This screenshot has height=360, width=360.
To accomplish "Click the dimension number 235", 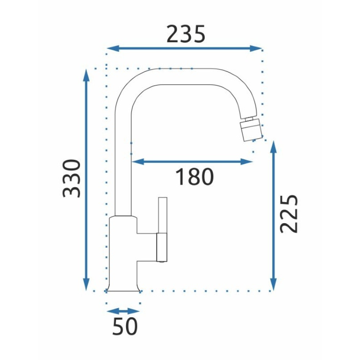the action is click(186, 34).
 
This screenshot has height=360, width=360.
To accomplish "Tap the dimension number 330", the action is click(72, 179).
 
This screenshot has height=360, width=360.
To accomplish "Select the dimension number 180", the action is click(194, 177).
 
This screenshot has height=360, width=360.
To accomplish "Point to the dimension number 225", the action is click(289, 214).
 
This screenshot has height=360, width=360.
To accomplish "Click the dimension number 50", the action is click(125, 326).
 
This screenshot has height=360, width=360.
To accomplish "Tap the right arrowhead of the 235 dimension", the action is click(256, 49).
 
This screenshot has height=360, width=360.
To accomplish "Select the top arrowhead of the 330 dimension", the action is click(86, 75).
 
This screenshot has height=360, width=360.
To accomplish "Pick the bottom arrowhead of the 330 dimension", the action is click(86, 284).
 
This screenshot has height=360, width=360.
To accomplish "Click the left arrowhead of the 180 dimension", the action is click(138, 162).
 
